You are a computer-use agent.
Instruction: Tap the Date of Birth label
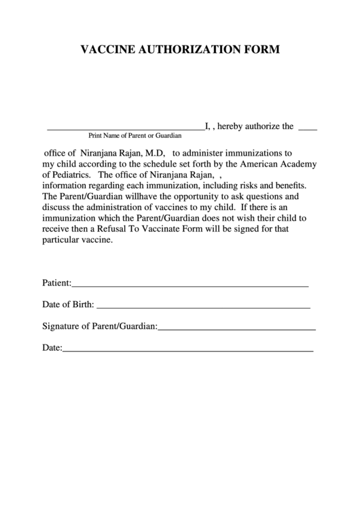(68, 304)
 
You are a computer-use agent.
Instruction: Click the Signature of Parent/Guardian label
(100, 326)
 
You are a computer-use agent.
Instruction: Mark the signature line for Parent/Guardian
(237, 330)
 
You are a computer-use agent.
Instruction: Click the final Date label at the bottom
(52, 348)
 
